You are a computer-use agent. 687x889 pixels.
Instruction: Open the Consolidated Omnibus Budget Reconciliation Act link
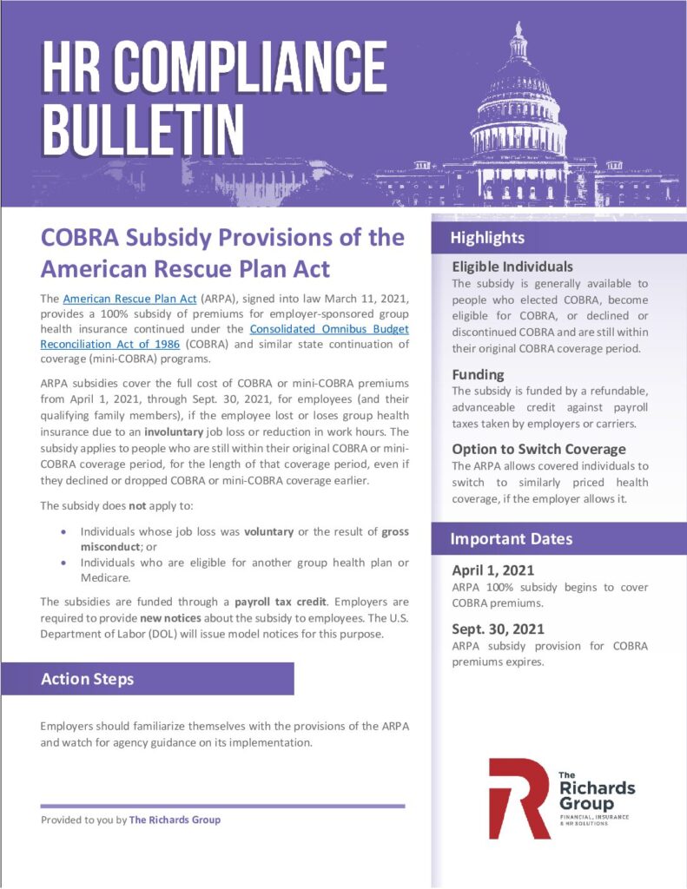[x=328, y=330]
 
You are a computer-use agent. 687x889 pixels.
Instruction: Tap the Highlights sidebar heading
[x=487, y=238]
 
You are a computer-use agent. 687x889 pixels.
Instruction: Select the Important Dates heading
[x=511, y=539]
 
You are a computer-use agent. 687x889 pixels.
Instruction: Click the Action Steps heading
[x=88, y=679]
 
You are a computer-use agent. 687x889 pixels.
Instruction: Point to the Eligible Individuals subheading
[x=512, y=267]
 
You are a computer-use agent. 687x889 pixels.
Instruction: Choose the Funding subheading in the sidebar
[x=478, y=374]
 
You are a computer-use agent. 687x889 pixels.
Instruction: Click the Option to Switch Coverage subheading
[x=538, y=449]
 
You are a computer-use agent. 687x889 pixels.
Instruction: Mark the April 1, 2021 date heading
[x=492, y=570]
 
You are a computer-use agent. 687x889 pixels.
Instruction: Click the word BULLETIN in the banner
[x=143, y=127]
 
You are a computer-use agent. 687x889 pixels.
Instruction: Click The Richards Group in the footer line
[x=175, y=820]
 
